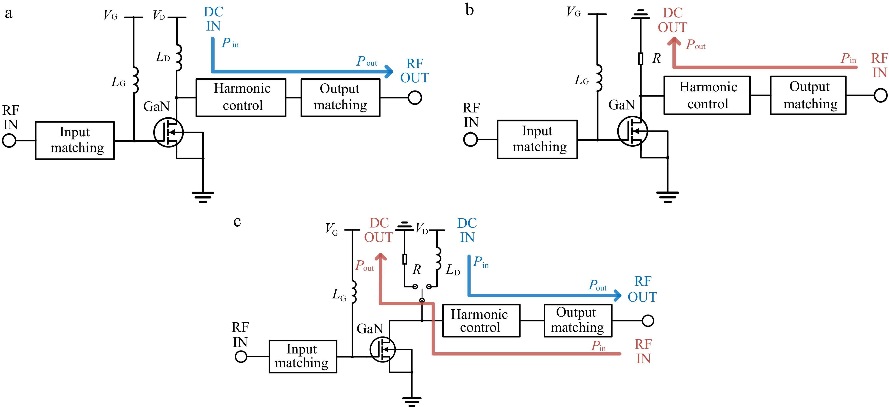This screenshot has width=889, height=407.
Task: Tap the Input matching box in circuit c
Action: pos(303,356)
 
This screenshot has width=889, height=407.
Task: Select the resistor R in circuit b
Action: pos(641,59)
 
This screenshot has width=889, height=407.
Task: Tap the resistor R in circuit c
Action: pos(405,259)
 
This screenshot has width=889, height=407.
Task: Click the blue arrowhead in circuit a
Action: pos(389,71)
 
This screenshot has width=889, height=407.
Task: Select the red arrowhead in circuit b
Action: pos(674,42)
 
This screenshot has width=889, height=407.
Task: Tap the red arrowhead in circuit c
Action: pos(380,257)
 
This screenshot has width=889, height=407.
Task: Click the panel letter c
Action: pos(237,221)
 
